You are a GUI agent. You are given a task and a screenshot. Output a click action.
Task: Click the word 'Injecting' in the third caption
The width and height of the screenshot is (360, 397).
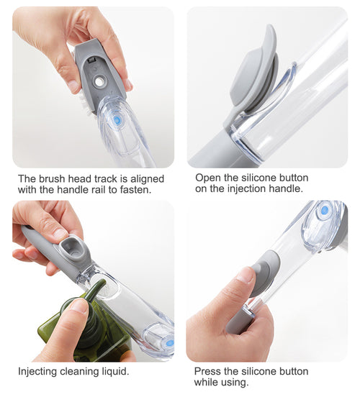point(40,371)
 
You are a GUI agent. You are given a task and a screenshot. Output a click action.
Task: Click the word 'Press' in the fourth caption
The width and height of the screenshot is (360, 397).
point(209,371)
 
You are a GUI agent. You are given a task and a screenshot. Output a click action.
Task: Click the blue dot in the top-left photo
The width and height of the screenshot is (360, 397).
point(117,121)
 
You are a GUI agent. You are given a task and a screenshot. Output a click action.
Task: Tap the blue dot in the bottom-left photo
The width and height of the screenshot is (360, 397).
point(168,343)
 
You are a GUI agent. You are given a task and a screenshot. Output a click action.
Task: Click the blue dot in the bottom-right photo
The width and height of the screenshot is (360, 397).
point(324,210)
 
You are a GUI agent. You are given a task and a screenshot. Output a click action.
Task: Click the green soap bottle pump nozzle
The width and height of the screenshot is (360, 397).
point(92,291)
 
